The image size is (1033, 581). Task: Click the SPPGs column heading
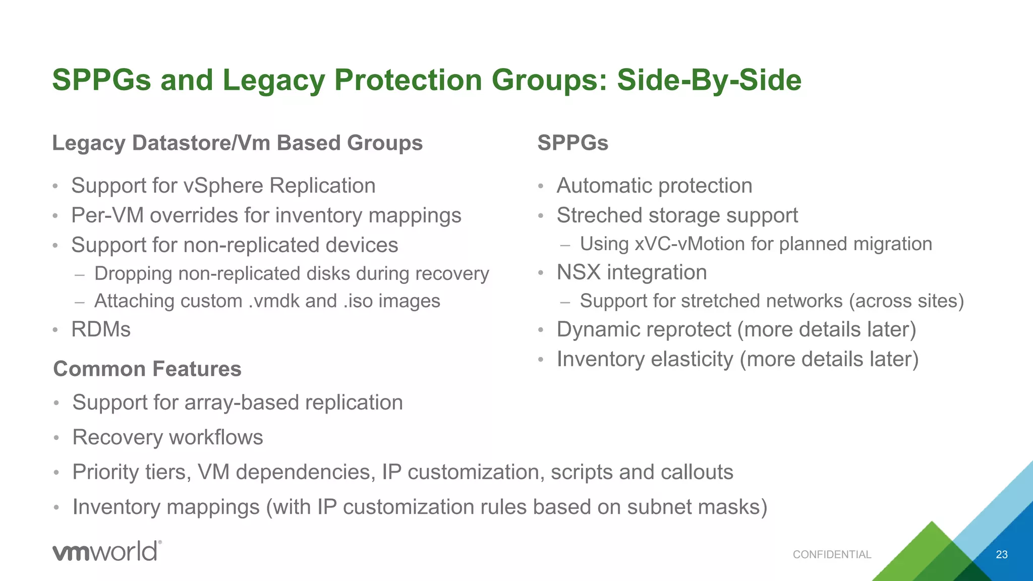tap(572, 143)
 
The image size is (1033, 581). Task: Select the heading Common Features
tap(147, 369)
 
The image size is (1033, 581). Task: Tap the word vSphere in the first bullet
tap(223, 186)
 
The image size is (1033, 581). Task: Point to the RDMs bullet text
tap(101, 329)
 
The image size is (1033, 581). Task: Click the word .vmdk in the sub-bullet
tap(275, 301)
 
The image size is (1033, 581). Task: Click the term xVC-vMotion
tap(690, 244)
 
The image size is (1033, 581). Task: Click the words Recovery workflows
tap(167, 437)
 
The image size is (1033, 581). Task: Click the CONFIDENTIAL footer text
tap(832, 555)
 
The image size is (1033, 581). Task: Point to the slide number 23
tap(1001, 555)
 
